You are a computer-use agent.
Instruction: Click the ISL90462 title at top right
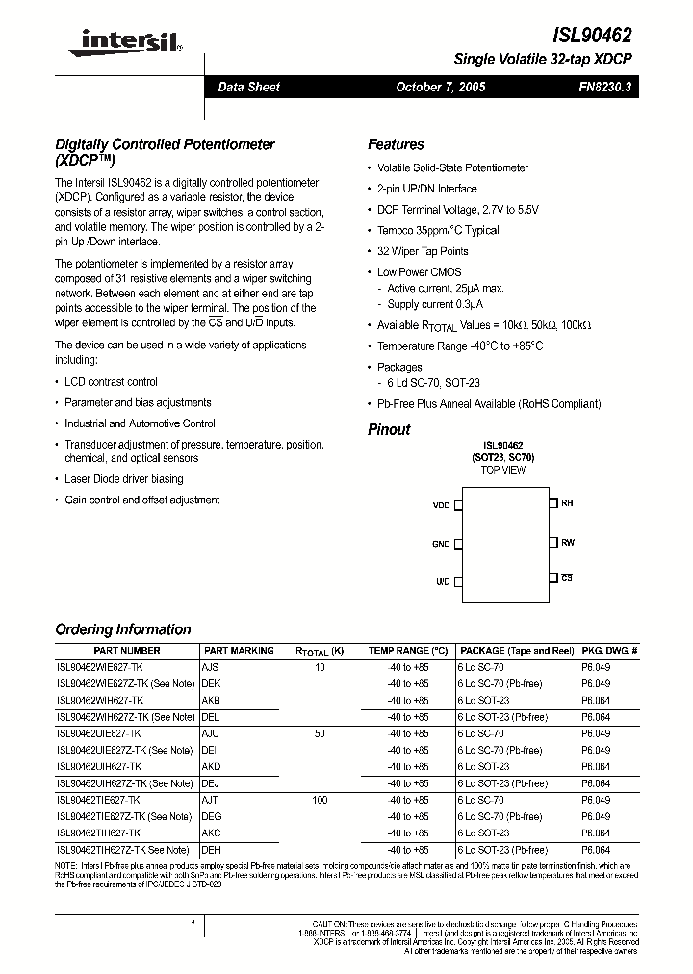592,35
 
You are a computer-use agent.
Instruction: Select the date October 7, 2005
441,87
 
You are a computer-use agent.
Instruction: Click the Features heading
396,144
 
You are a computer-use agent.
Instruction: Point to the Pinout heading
389,429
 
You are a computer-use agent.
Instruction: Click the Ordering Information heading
123,629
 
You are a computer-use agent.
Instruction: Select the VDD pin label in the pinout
441,504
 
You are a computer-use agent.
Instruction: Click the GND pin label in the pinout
441,544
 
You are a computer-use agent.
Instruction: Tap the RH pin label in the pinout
568,503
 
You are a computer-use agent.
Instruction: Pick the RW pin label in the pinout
568,543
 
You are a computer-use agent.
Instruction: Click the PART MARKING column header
239,651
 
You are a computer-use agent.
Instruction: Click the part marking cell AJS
211,666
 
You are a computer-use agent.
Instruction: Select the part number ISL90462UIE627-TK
99,732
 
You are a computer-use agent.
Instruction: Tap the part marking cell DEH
212,850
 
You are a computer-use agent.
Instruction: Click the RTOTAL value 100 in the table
320,800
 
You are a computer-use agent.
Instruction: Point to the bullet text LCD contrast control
111,382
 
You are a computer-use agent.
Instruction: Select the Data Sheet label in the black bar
248,87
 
